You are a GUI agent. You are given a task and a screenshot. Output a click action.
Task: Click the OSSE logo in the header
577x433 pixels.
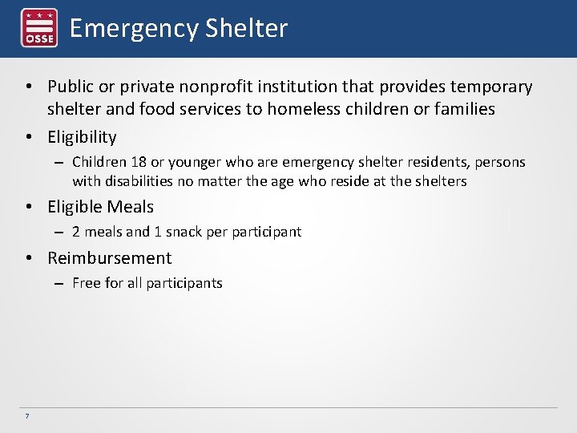(x=38, y=28)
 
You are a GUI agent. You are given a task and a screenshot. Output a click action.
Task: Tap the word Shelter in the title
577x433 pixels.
(x=246, y=29)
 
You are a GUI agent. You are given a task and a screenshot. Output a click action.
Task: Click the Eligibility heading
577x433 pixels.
(x=82, y=137)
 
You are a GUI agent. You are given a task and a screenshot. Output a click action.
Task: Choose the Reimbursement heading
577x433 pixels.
(x=109, y=258)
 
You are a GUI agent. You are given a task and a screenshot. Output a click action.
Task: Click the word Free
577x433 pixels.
(x=86, y=283)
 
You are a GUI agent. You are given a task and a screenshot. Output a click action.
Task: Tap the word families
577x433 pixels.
(x=463, y=109)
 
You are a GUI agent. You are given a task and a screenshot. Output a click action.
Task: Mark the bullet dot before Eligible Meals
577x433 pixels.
(x=28, y=208)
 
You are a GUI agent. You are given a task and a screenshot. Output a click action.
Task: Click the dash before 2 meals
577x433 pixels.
(x=60, y=233)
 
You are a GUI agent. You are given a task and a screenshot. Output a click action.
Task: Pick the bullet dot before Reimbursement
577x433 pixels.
(x=28, y=259)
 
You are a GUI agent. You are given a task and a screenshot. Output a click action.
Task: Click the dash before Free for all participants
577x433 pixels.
(x=60, y=284)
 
